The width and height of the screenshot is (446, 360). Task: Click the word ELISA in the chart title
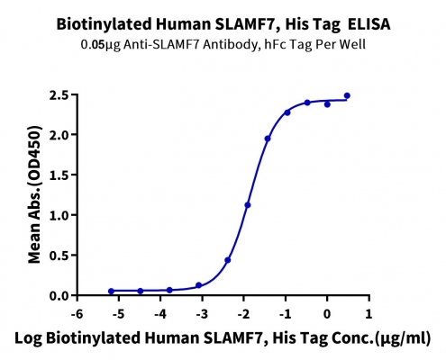point(369,24)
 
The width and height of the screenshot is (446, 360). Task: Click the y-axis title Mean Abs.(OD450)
point(34,194)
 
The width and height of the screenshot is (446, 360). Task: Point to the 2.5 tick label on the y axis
point(59,95)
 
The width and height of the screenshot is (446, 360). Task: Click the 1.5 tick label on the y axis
point(59,175)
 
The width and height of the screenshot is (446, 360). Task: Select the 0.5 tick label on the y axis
point(59,256)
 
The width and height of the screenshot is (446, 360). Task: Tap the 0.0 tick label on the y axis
point(59,296)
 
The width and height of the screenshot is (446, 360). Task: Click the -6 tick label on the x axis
point(77,314)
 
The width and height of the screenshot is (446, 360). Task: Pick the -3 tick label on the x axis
point(202,314)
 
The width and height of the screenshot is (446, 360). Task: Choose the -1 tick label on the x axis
point(285,314)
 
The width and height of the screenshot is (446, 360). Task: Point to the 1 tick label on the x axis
point(369,314)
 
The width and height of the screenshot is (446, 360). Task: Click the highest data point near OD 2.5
point(347,95)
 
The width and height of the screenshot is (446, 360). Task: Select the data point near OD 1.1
point(248,205)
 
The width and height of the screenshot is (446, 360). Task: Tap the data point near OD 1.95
point(268,139)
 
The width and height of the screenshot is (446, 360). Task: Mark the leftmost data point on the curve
point(111,291)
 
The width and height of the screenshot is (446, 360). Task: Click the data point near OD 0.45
point(228,260)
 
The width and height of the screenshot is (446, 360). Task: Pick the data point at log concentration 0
point(327,104)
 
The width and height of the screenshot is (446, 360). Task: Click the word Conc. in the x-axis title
point(353,338)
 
